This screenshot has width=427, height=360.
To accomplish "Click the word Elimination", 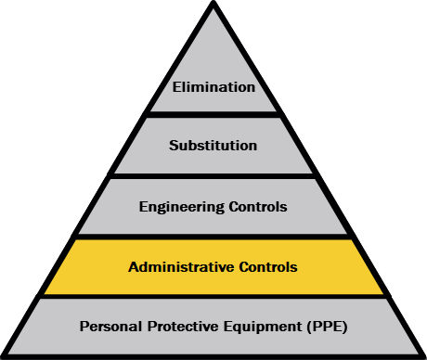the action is click(213, 87).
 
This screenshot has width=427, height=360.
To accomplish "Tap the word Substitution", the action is click(213, 146).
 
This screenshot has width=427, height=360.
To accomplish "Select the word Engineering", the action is click(182, 207).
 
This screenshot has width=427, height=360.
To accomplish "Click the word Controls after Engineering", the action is click(258, 207).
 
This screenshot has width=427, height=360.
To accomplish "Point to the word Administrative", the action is click(181, 267).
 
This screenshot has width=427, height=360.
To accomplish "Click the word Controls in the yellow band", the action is click(268, 267).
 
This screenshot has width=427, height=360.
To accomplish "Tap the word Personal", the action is click(110, 327).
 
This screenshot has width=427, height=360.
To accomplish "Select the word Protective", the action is click(183, 327).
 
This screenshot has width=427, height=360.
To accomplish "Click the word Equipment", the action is click(263, 327).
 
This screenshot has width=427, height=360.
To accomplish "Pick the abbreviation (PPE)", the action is click(327, 327).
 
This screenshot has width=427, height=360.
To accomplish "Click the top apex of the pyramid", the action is click(213, 2).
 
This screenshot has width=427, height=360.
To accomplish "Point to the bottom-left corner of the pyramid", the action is click(3, 356).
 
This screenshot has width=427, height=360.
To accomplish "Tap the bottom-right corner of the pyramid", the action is click(424, 356).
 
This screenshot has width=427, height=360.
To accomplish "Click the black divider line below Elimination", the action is click(213, 115).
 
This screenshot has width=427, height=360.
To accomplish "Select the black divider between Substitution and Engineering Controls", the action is click(213, 176).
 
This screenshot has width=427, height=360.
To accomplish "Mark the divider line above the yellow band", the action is click(213, 237).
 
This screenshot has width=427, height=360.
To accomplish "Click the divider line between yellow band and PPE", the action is click(213, 297).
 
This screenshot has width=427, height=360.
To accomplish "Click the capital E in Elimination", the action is click(176, 87).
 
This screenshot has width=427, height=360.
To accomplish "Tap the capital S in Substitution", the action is click(174, 146).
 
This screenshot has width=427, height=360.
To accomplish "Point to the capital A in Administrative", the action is click(134, 267).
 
